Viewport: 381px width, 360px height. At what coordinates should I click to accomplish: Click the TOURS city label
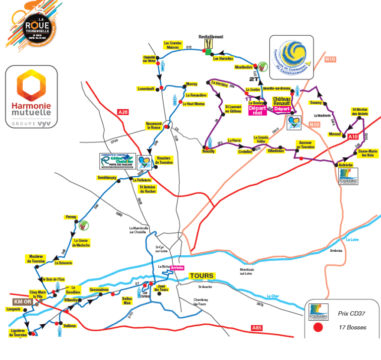(x=201, y=276)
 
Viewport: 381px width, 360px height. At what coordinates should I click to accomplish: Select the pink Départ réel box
(x=258, y=110)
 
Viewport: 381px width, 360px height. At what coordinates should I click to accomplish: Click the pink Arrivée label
(x=177, y=267)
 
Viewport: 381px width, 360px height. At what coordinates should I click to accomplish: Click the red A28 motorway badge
(x=123, y=113)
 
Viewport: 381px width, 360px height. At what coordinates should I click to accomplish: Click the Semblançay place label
(x=107, y=177)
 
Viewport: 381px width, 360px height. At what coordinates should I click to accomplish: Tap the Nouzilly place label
(x=211, y=151)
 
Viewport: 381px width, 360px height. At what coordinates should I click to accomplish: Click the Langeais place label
(x=14, y=309)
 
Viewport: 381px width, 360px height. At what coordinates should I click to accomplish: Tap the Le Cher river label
(x=273, y=296)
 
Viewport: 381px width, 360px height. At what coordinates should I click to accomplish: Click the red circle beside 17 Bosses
(x=318, y=327)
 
